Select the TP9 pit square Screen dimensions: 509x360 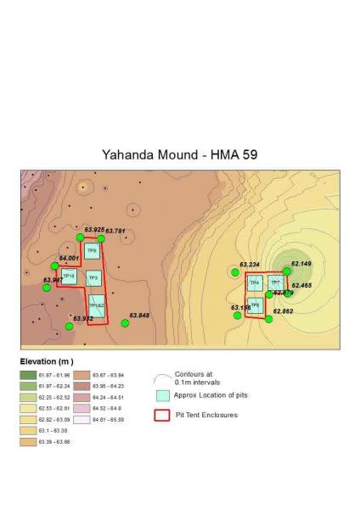(92, 251)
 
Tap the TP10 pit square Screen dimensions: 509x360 (70, 277)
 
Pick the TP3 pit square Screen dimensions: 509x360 (93, 277)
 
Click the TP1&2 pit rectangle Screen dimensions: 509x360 (98, 305)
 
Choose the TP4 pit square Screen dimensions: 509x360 (254, 282)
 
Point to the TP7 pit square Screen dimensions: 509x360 (275, 282)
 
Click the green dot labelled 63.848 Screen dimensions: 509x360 (124, 323)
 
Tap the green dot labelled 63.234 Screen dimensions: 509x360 (235, 272)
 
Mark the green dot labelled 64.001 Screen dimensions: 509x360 (55, 266)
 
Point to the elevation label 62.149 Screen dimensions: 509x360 (301, 264)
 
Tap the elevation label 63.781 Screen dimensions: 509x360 (115, 231)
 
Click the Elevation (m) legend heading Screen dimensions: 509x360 (48, 361)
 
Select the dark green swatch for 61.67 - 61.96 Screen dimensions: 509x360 (27, 374)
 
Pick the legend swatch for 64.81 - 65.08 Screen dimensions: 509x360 (82, 418)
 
